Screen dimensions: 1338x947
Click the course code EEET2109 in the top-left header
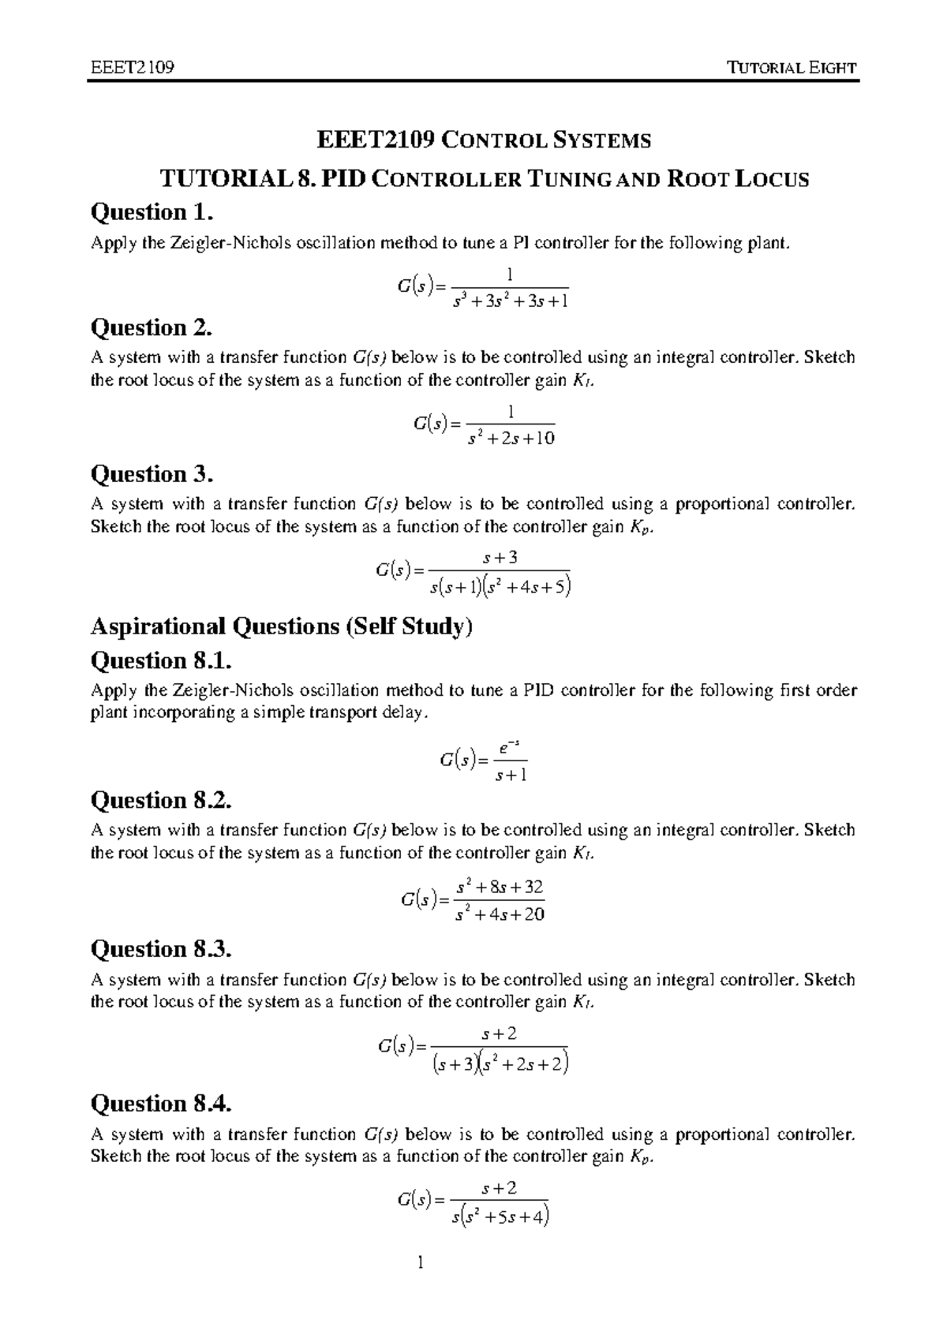pos(132,67)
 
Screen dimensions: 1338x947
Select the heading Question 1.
pos(152,212)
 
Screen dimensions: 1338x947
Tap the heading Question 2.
pos(152,327)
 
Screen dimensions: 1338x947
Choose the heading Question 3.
pos(152,474)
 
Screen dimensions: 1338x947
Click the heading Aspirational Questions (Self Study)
pos(282,626)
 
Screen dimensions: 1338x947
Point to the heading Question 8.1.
pos(162,660)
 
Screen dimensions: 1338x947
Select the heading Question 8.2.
pos(162,800)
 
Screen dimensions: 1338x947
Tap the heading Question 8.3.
pos(162,948)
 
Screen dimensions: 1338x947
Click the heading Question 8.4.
pos(162,1103)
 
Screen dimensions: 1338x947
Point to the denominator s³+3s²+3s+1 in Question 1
pos(511,301)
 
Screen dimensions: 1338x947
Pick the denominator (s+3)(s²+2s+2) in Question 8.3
pos(500,1064)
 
